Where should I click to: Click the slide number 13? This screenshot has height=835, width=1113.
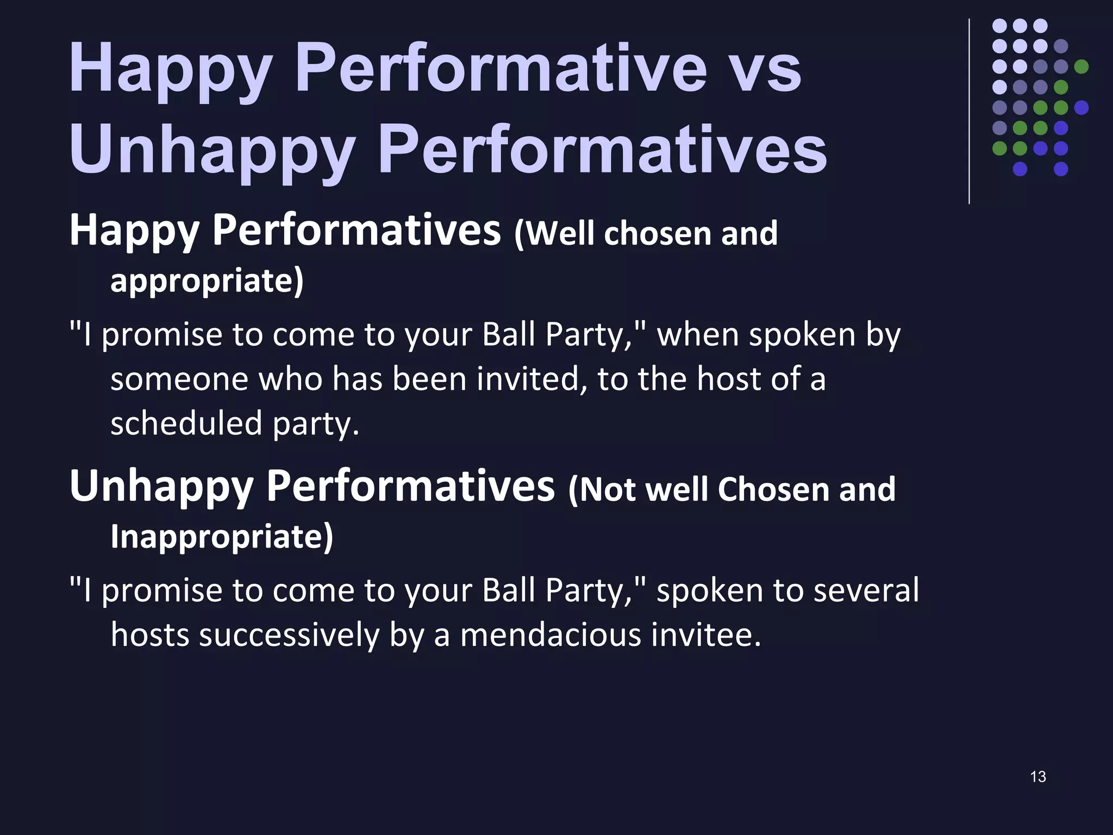pos(1037,776)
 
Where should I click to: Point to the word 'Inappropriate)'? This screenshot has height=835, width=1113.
pos(222,537)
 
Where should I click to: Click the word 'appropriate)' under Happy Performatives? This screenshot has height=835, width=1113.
pos(207,281)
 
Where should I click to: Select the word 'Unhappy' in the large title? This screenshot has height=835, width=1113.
pos(212,149)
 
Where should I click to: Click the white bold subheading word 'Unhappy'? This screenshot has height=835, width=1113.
pos(161,487)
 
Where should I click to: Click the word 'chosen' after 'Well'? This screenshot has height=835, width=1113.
pos(658,234)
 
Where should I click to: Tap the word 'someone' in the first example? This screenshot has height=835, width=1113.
pos(179,379)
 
